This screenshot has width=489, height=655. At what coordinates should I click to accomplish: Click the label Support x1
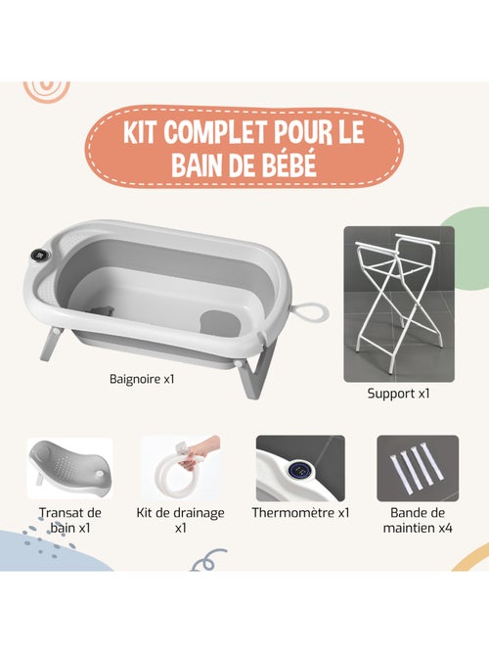pos(398,395)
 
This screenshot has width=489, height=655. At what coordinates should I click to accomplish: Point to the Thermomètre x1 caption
pos(300,512)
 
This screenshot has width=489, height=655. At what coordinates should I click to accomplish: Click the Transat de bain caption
pos(69,520)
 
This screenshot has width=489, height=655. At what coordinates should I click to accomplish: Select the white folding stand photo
pos(398,304)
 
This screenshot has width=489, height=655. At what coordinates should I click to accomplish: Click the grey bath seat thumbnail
pos(69,467)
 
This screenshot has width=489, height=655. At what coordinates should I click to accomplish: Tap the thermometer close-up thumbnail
pos(300,468)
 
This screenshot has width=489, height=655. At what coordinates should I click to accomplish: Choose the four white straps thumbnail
pos(418,468)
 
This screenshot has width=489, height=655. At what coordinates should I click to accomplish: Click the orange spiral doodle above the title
pos(48,88)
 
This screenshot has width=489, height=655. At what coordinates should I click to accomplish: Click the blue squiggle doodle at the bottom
pos(206,562)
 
